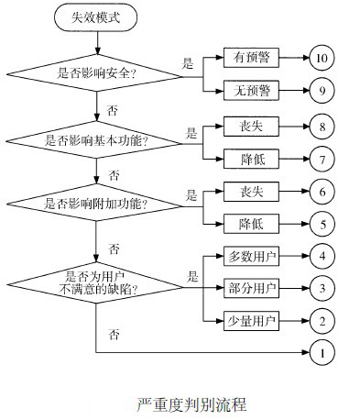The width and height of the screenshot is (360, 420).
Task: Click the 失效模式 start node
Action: pyautogui.click(x=96, y=17)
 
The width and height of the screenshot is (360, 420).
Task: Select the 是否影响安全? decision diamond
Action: pyautogui.click(x=96, y=74)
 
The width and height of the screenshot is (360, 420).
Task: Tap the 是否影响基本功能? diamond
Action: pyautogui.click(x=96, y=140)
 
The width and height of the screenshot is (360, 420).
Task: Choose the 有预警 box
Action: pyautogui.click(x=252, y=58)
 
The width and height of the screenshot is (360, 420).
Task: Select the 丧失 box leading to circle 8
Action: pyautogui.click(x=252, y=124)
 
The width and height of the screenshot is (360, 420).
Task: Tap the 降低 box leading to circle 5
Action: pyautogui.click(x=252, y=222)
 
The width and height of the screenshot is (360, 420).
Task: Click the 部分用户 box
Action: pyautogui.click(x=252, y=287)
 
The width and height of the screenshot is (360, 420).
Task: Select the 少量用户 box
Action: pyautogui.click(x=252, y=320)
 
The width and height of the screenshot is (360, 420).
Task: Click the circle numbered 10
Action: pyautogui.click(x=322, y=58)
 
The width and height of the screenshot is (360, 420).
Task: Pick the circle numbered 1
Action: pyautogui.click(x=322, y=352)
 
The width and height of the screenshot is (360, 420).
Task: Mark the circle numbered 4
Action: pyautogui.click(x=322, y=256)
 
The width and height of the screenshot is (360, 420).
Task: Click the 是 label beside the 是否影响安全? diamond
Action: pyautogui.click(x=189, y=63)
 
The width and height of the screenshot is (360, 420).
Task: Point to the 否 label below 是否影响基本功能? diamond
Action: pyautogui.click(x=114, y=174)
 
